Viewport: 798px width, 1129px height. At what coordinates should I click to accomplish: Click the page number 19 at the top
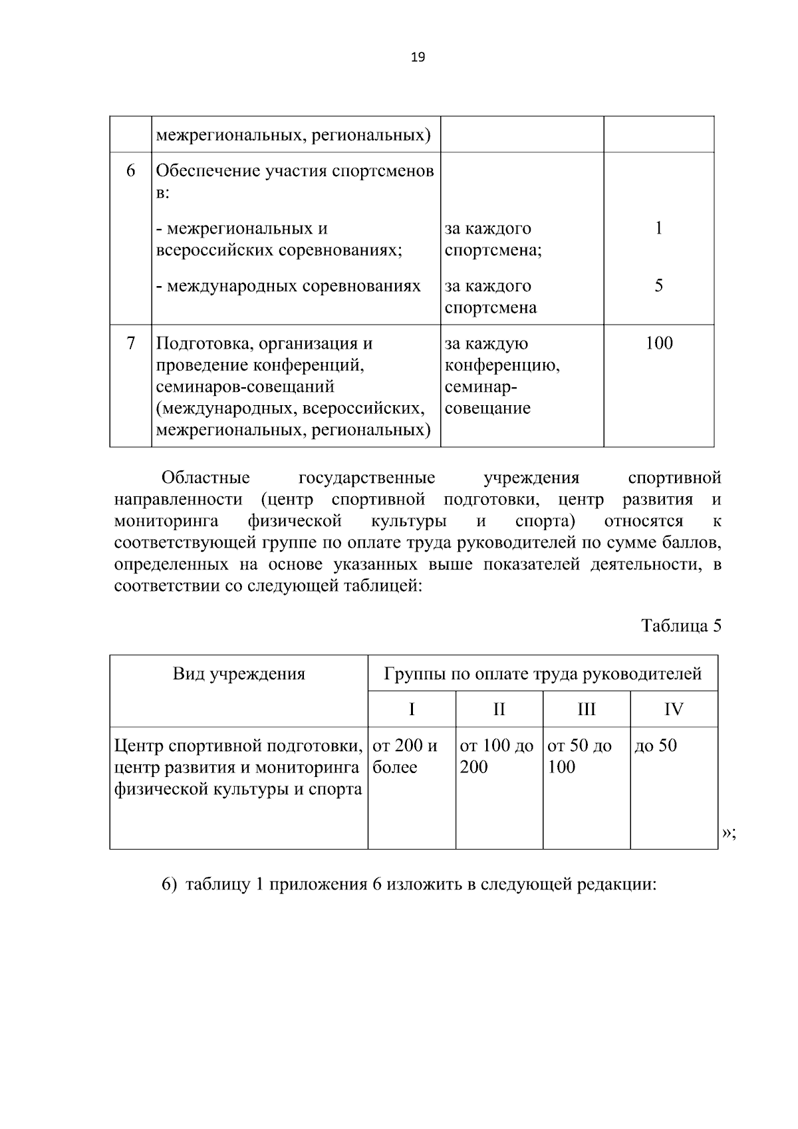[x=418, y=57]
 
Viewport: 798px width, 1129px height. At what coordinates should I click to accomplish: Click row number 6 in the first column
[x=131, y=171]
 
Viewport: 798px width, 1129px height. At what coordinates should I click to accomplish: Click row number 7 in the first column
[x=131, y=343]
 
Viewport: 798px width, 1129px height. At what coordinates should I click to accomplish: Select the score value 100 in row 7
[x=658, y=343]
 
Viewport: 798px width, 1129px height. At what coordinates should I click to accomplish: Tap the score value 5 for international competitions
[x=658, y=286]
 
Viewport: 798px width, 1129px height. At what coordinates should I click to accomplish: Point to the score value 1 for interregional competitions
[x=658, y=229]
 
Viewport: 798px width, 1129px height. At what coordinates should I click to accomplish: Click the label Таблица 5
[x=681, y=625]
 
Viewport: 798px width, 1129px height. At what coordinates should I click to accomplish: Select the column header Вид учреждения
[x=239, y=674]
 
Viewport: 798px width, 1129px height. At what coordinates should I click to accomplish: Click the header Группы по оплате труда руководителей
[x=543, y=674]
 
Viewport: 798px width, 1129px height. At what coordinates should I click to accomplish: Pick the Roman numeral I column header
[x=412, y=709]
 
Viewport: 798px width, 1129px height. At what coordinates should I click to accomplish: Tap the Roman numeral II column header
[x=499, y=709]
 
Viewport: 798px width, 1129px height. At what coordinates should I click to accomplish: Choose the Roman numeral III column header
[x=587, y=709]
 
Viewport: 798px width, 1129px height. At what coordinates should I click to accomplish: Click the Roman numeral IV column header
[x=674, y=709]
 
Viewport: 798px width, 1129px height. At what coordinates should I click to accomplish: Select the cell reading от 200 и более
[x=405, y=756]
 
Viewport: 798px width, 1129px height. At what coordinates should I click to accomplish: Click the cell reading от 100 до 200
[x=496, y=756]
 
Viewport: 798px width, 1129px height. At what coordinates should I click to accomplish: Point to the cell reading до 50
[x=656, y=746]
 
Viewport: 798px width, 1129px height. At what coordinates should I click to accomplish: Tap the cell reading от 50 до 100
[x=579, y=756]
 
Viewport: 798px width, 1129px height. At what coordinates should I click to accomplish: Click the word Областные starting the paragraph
[x=205, y=478]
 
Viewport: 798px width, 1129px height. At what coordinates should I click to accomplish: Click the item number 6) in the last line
[x=170, y=885]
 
